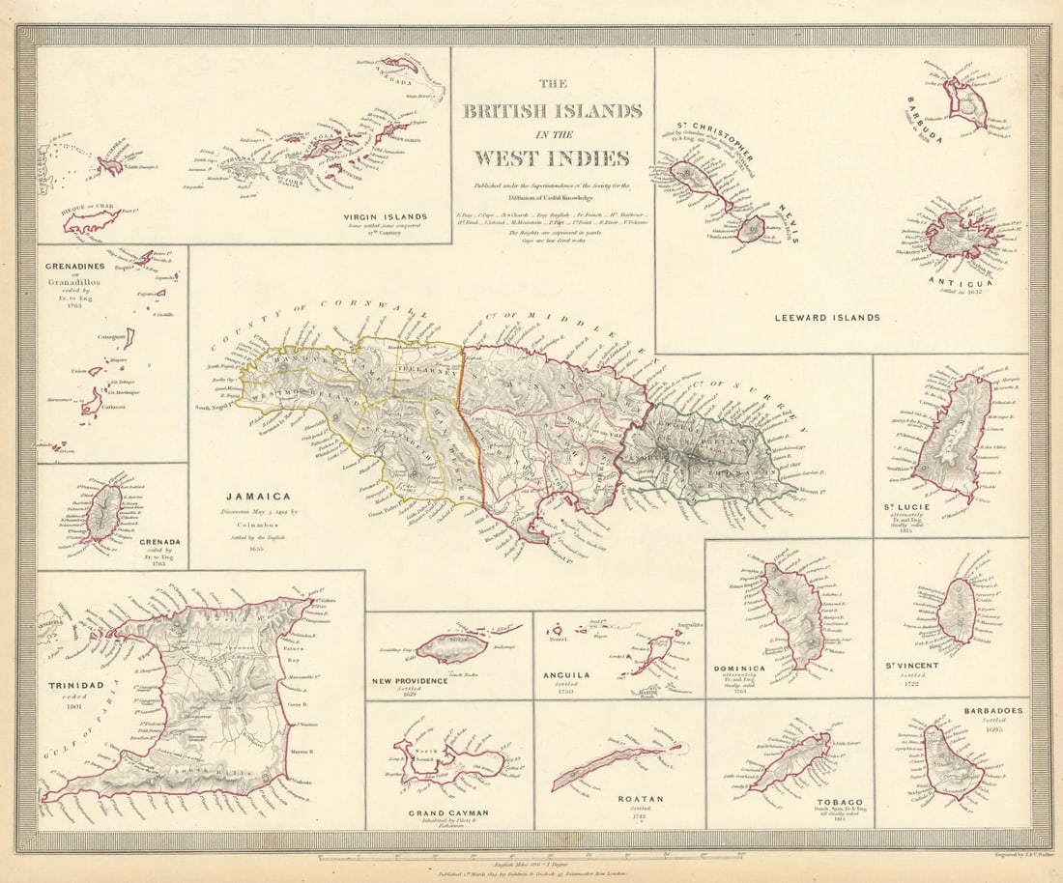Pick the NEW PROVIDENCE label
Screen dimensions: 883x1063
click(x=411, y=680)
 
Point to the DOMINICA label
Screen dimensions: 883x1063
click(x=738, y=669)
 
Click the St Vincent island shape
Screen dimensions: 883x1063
click(x=958, y=611)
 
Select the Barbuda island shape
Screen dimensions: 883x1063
click(x=965, y=103)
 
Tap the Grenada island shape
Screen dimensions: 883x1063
click(x=102, y=513)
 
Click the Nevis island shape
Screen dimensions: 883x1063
click(x=751, y=229)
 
